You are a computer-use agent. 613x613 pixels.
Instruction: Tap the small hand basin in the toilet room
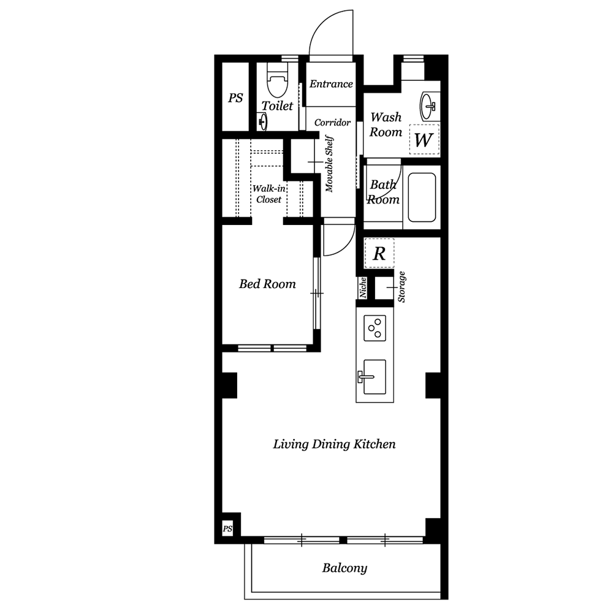[x=263, y=121]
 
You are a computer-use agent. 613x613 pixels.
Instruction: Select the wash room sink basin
[x=428, y=106]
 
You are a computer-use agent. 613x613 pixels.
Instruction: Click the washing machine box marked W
[x=424, y=139]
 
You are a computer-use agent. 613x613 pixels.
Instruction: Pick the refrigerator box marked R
[x=379, y=253]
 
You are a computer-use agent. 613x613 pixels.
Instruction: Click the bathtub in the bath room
[x=422, y=197]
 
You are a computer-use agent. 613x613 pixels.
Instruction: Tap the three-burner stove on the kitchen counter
[x=375, y=327]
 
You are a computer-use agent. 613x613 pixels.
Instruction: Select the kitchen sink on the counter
[x=374, y=377]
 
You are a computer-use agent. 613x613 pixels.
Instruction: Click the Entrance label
[x=331, y=83]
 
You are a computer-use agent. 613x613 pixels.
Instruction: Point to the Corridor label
[x=332, y=123]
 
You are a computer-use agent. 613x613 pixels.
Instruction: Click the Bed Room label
[x=267, y=284]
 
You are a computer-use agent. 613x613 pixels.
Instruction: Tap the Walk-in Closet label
[x=268, y=194]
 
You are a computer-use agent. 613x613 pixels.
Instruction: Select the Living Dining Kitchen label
[x=334, y=444]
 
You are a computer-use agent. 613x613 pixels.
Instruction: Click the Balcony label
[x=345, y=568]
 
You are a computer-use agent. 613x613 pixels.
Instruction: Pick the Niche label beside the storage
[x=363, y=287]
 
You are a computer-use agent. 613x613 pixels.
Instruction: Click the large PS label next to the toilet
[x=235, y=97]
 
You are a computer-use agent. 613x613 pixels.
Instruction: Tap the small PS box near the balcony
[x=227, y=529]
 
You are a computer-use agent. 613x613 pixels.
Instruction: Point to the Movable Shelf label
[x=329, y=164]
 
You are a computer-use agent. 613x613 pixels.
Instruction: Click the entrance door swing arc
[x=323, y=25]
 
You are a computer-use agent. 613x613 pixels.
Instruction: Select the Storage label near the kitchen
[x=402, y=287]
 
